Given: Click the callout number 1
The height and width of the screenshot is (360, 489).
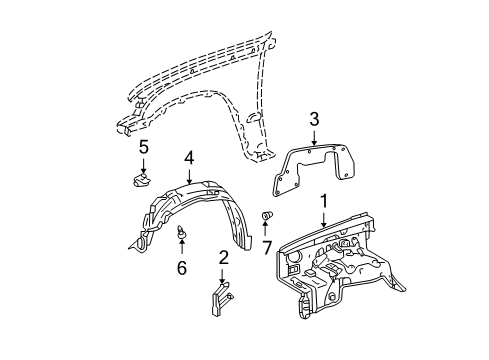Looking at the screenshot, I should (x=322, y=202).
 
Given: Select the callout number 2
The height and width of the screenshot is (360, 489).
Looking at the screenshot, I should (x=224, y=257).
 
